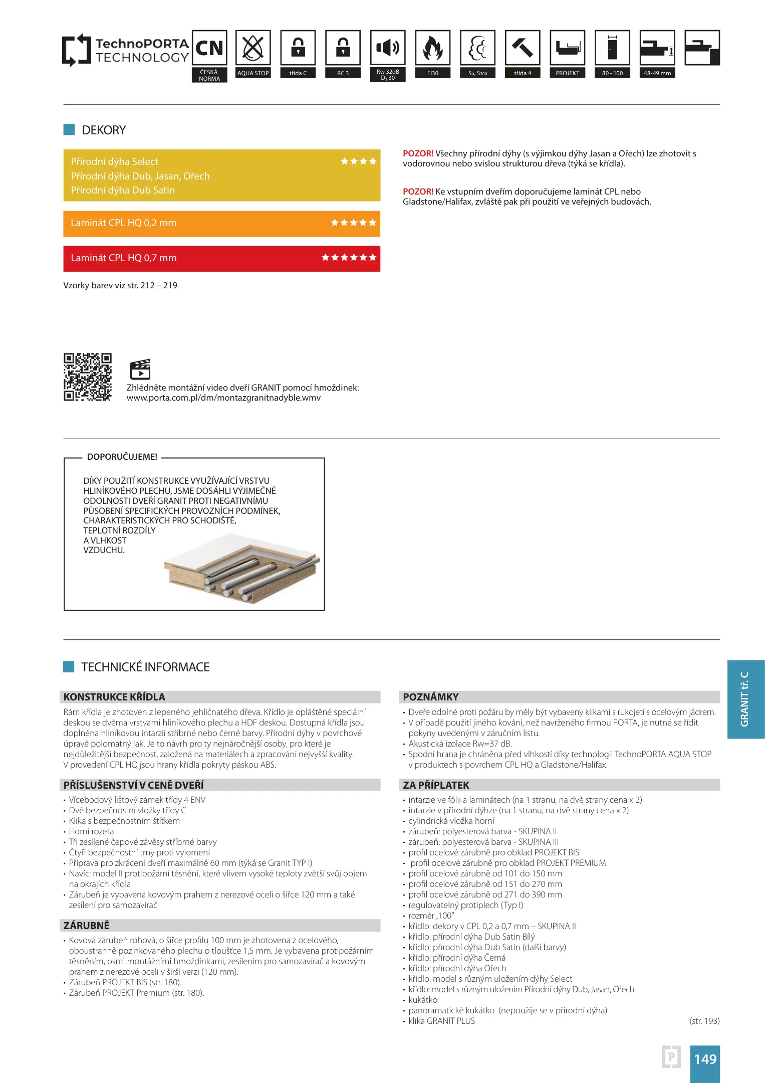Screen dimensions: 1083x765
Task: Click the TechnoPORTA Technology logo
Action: point(125,50)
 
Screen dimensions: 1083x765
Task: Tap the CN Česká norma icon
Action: point(209,48)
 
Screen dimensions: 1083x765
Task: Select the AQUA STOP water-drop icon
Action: point(253,48)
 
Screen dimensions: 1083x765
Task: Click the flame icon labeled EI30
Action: point(433,48)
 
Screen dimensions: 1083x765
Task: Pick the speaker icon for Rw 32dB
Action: point(388,48)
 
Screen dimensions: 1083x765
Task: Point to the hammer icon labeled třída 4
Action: point(523,48)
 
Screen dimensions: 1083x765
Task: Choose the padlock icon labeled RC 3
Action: point(343,48)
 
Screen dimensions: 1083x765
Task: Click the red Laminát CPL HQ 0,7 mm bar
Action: point(221,258)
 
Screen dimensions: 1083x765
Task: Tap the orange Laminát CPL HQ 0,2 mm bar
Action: point(221,223)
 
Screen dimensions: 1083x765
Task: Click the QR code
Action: point(88,377)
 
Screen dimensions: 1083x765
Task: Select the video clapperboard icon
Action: point(140,370)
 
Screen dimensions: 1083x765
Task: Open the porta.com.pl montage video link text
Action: point(223,398)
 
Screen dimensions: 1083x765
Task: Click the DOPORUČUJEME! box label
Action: point(122,457)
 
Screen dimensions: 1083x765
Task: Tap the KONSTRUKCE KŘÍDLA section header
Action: point(115,697)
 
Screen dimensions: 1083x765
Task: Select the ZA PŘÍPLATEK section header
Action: point(436,785)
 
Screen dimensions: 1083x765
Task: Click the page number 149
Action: point(705,1059)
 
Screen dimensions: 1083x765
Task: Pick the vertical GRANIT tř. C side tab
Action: point(745,699)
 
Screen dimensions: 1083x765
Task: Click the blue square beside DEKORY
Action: point(69,130)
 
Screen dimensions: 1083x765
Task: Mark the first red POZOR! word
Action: point(418,153)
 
